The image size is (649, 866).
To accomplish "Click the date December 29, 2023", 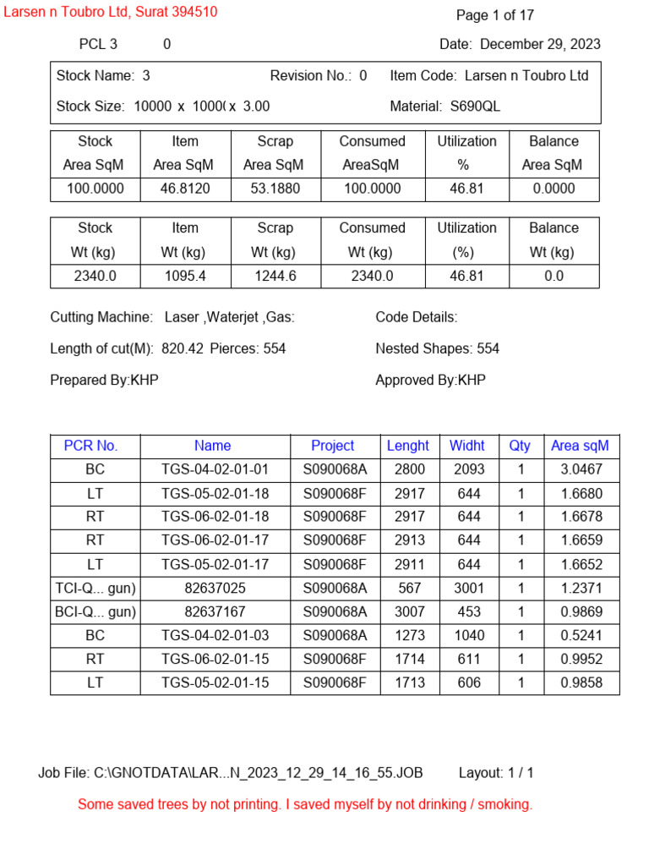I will click(541, 45).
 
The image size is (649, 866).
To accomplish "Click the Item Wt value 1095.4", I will click(184, 276).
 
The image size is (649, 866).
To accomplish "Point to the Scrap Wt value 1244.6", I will click(275, 276).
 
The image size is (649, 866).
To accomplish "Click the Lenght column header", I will click(408, 446).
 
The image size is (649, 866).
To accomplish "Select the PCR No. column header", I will click(91, 446).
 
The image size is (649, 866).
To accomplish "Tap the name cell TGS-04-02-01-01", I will click(215, 469).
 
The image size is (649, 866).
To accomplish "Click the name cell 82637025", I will click(215, 588).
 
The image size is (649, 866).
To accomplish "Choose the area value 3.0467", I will click(581, 469).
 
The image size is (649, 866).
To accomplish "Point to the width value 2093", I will click(468, 469).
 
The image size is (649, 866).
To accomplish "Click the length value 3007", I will click(410, 611).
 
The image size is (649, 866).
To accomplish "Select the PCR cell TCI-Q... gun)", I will click(95, 588).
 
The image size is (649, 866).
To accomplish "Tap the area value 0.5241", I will click(581, 635).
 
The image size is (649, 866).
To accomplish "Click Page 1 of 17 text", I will click(495, 15).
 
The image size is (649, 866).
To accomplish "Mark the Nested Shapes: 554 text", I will click(437, 348).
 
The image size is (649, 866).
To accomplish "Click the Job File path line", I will click(230, 773).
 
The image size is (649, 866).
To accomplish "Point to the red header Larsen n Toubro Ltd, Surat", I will click(111, 12).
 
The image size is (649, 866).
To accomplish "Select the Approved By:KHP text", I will click(430, 381).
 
